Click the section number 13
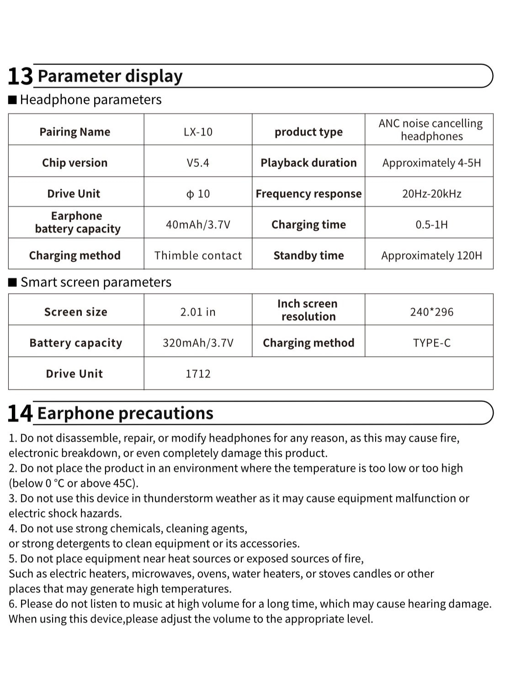click(x=21, y=76)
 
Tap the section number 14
click(x=21, y=413)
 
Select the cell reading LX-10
click(x=198, y=132)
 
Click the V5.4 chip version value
click(x=198, y=163)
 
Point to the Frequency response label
click(x=308, y=194)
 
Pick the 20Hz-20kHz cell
click(x=431, y=194)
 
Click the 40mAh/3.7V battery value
click(x=198, y=224)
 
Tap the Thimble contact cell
click(x=198, y=256)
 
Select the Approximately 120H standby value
click(x=431, y=256)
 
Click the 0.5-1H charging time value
click(x=431, y=224)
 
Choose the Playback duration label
click(x=308, y=163)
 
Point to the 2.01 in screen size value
click(x=198, y=312)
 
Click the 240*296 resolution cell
click(x=431, y=312)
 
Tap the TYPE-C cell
click(x=431, y=343)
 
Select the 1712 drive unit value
click(x=198, y=374)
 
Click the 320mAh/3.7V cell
click(x=198, y=343)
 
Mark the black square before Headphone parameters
click(x=13, y=100)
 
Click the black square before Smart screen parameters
click(x=13, y=282)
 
